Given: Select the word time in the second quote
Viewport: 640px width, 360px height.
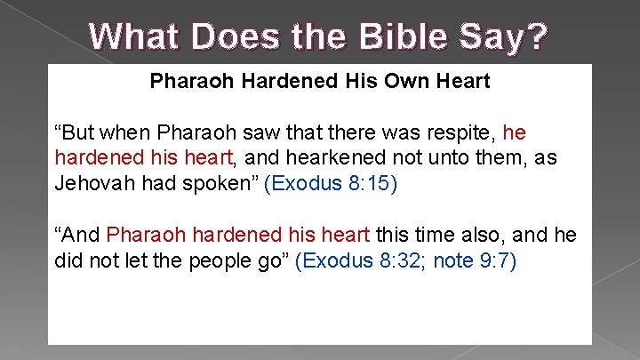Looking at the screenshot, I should click(x=436, y=235).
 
